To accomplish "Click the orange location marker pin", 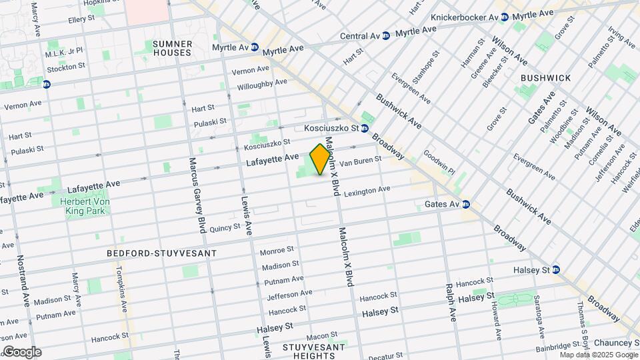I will tap(321, 159).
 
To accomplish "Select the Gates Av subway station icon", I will tap(467, 204).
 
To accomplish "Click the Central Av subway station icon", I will tap(386, 36).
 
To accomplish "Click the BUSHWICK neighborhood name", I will tap(545, 78).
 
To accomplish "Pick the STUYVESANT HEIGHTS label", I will tap(313, 351).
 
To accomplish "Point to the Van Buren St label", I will tap(360, 161).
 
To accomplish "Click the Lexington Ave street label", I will tap(366, 191).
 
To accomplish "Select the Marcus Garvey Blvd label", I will tap(198, 195).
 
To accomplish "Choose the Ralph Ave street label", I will tap(451, 301).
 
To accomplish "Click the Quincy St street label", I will tap(224, 228).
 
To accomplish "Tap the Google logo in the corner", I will tap(21, 351).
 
